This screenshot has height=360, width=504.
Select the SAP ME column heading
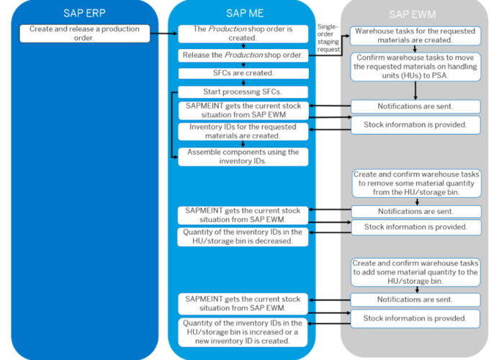click(x=243, y=13)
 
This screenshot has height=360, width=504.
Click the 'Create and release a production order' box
click(x=85, y=33)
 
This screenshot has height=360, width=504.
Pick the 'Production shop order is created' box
click(x=243, y=33)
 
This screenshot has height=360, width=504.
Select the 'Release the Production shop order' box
click(x=243, y=55)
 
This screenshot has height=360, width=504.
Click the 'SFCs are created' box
click(x=243, y=73)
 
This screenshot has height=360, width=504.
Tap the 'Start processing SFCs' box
click(x=243, y=91)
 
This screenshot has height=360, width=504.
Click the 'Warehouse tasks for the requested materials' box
click(x=415, y=36)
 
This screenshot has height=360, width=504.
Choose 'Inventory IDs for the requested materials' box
click(x=243, y=132)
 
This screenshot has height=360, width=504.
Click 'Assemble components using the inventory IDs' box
click(x=243, y=156)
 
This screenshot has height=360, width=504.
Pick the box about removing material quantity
click(x=415, y=184)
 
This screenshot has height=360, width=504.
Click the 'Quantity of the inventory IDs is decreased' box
click(x=243, y=236)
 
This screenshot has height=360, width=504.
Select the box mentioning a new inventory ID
click(x=243, y=332)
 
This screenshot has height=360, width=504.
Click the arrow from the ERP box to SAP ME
click(x=165, y=33)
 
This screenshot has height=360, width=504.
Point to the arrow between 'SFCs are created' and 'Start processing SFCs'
click(x=243, y=82)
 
